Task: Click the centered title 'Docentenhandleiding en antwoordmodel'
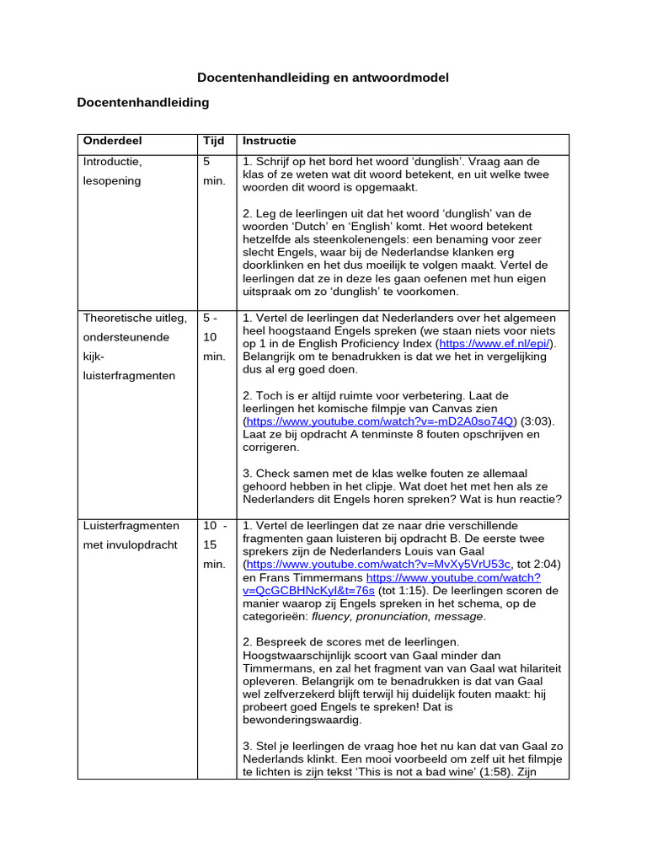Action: tap(323, 78)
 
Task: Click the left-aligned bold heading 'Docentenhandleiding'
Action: tap(142, 103)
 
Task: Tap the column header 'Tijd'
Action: tap(213, 142)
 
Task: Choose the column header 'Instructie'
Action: tap(269, 142)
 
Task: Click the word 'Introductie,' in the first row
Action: tap(113, 161)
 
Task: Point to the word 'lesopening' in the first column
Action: tap(112, 180)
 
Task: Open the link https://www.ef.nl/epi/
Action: tap(495, 344)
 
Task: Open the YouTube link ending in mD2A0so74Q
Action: tap(378, 421)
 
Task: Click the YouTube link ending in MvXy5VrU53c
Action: tap(377, 564)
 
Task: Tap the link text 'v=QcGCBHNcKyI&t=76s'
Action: tap(308, 591)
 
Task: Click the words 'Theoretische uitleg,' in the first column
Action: tap(134, 318)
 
